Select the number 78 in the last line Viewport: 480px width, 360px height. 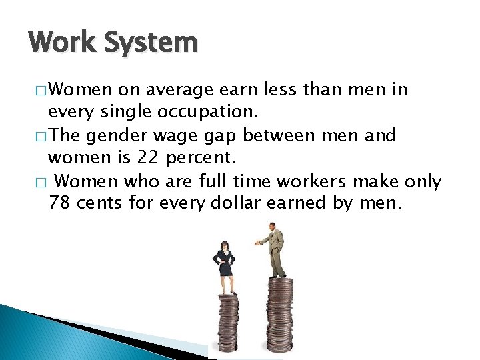60,203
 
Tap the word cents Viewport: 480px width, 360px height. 100,203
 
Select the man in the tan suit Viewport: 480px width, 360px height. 275,250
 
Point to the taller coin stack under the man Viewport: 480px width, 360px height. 279,317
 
